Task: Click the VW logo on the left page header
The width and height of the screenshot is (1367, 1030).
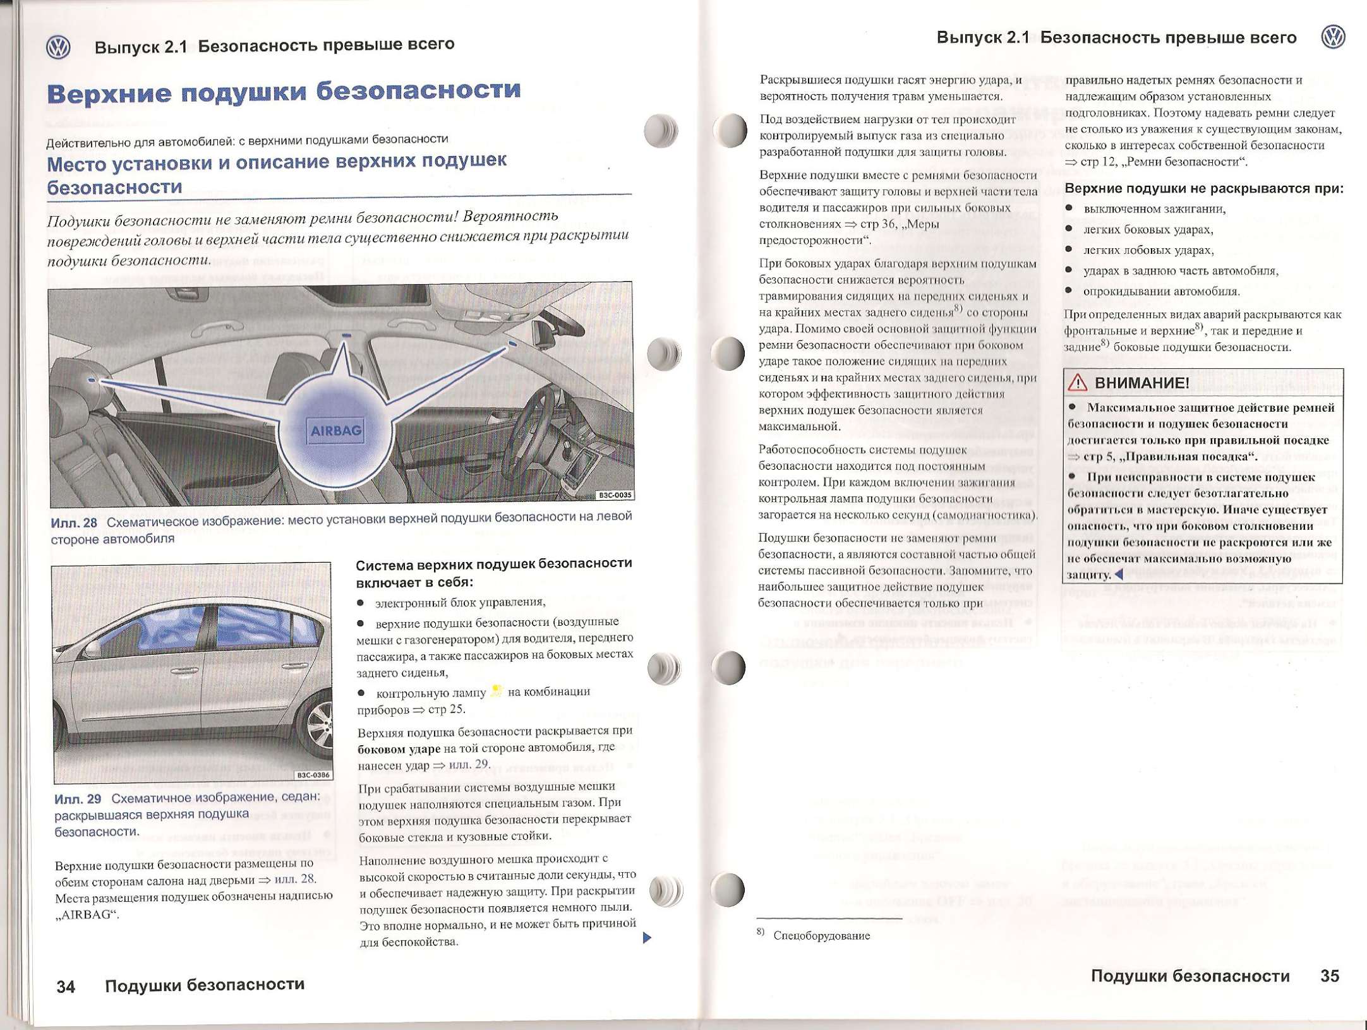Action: (x=58, y=47)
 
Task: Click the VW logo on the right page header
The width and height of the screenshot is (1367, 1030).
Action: (x=1333, y=37)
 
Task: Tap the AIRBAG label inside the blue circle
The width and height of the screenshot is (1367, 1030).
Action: (x=336, y=431)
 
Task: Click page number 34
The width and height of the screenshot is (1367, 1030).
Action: (x=66, y=986)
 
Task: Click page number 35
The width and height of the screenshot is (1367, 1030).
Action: (x=1329, y=976)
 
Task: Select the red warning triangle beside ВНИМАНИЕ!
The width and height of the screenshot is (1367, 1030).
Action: (x=1078, y=382)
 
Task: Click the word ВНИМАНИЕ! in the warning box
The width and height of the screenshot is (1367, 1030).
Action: (x=1141, y=383)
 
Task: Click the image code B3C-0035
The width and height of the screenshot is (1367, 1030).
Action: (x=615, y=495)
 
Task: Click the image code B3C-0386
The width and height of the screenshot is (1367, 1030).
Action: (x=313, y=775)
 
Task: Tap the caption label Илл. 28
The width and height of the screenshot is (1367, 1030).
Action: (x=73, y=523)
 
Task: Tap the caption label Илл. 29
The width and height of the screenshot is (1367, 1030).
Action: (x=77, y=799)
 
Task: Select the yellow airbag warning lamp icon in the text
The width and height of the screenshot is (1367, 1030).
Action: (x=497, y=691)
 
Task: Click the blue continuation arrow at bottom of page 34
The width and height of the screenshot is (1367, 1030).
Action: (x=646, y=937)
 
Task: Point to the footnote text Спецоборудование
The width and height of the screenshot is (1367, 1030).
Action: (x=821, y=936)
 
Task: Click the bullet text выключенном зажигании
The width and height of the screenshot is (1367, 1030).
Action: (x=1154, y=209)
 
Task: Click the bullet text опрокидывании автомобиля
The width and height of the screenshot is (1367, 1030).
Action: (x=1161, y=291)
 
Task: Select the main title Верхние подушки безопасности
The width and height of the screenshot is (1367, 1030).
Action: (x=284, y=92)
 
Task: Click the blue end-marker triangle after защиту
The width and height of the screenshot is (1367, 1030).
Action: (x=1119, y=574)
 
